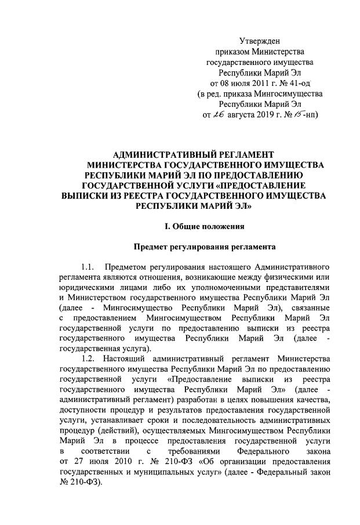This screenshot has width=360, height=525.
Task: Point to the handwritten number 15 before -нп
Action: click(298, 114)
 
